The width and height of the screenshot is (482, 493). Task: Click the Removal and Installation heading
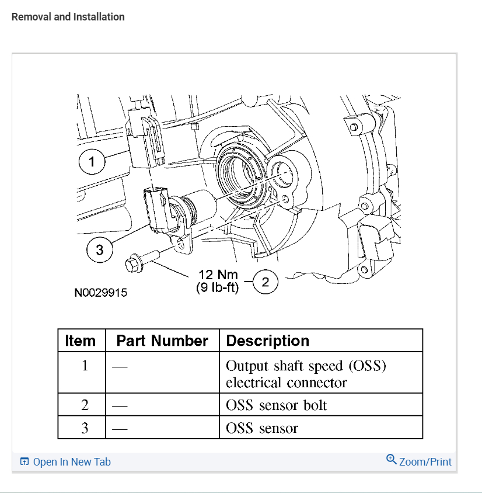point(68,17)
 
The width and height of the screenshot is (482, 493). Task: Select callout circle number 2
point(265,283)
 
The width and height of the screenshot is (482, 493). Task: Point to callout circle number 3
point(99,250)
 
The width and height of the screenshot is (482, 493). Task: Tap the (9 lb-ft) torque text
point(218,287)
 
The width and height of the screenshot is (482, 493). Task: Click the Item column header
point(81,341)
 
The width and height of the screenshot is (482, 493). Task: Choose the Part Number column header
point(162,341)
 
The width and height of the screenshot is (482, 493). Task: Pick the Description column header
point(267,341)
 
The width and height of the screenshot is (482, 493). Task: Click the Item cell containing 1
point(85,366)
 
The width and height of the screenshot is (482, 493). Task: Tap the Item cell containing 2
point(85,405)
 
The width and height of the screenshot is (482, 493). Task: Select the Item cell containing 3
point(85,428)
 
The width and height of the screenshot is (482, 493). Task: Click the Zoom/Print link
point(425,461)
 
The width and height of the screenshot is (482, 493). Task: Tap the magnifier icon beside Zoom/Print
point(392,460)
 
